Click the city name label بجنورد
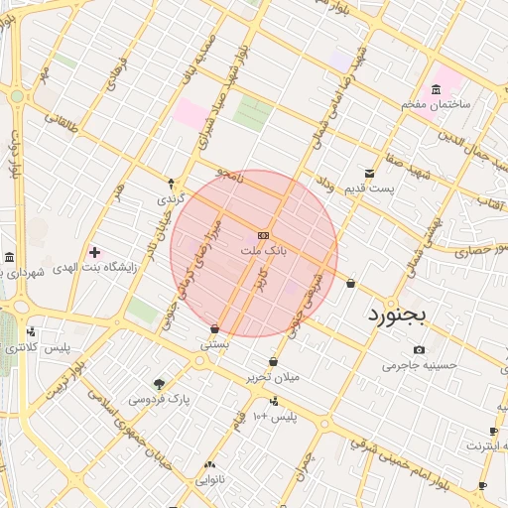(396, 315)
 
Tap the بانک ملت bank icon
(263, 235)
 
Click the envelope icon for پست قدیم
(370, 173)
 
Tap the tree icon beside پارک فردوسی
(159, 384)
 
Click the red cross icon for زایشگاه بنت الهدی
(94, 252)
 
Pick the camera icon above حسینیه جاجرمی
(419, 349)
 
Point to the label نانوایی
(209, 479)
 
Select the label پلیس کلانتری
(38, 348)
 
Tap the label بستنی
(215, 345)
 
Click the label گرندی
(170, 199)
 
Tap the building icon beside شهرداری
(9, 258)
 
